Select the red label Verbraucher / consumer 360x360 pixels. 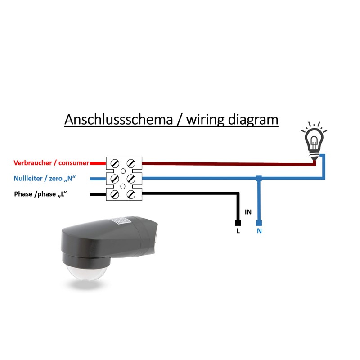pyautogui.click(x=51, y=163)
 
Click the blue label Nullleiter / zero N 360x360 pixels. pyautogui.click(x=45, y=179)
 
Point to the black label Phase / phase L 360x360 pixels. pyautogui.click(x=43, y=194)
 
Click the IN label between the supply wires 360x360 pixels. pyautogui.click(x=248, y=211)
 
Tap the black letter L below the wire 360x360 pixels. pyautogui.click(x=238, y=231)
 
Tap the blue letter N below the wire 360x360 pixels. pyautogui.click(x=259, y=231)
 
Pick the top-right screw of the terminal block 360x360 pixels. pyautogui.click(x=131, y=163)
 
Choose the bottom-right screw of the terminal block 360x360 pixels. pyautogui.click(x=131, y=194)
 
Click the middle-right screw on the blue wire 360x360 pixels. pyautogui.click(x=131, y=179)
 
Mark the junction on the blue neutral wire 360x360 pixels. pyautogui.click(x=258, y=179)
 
